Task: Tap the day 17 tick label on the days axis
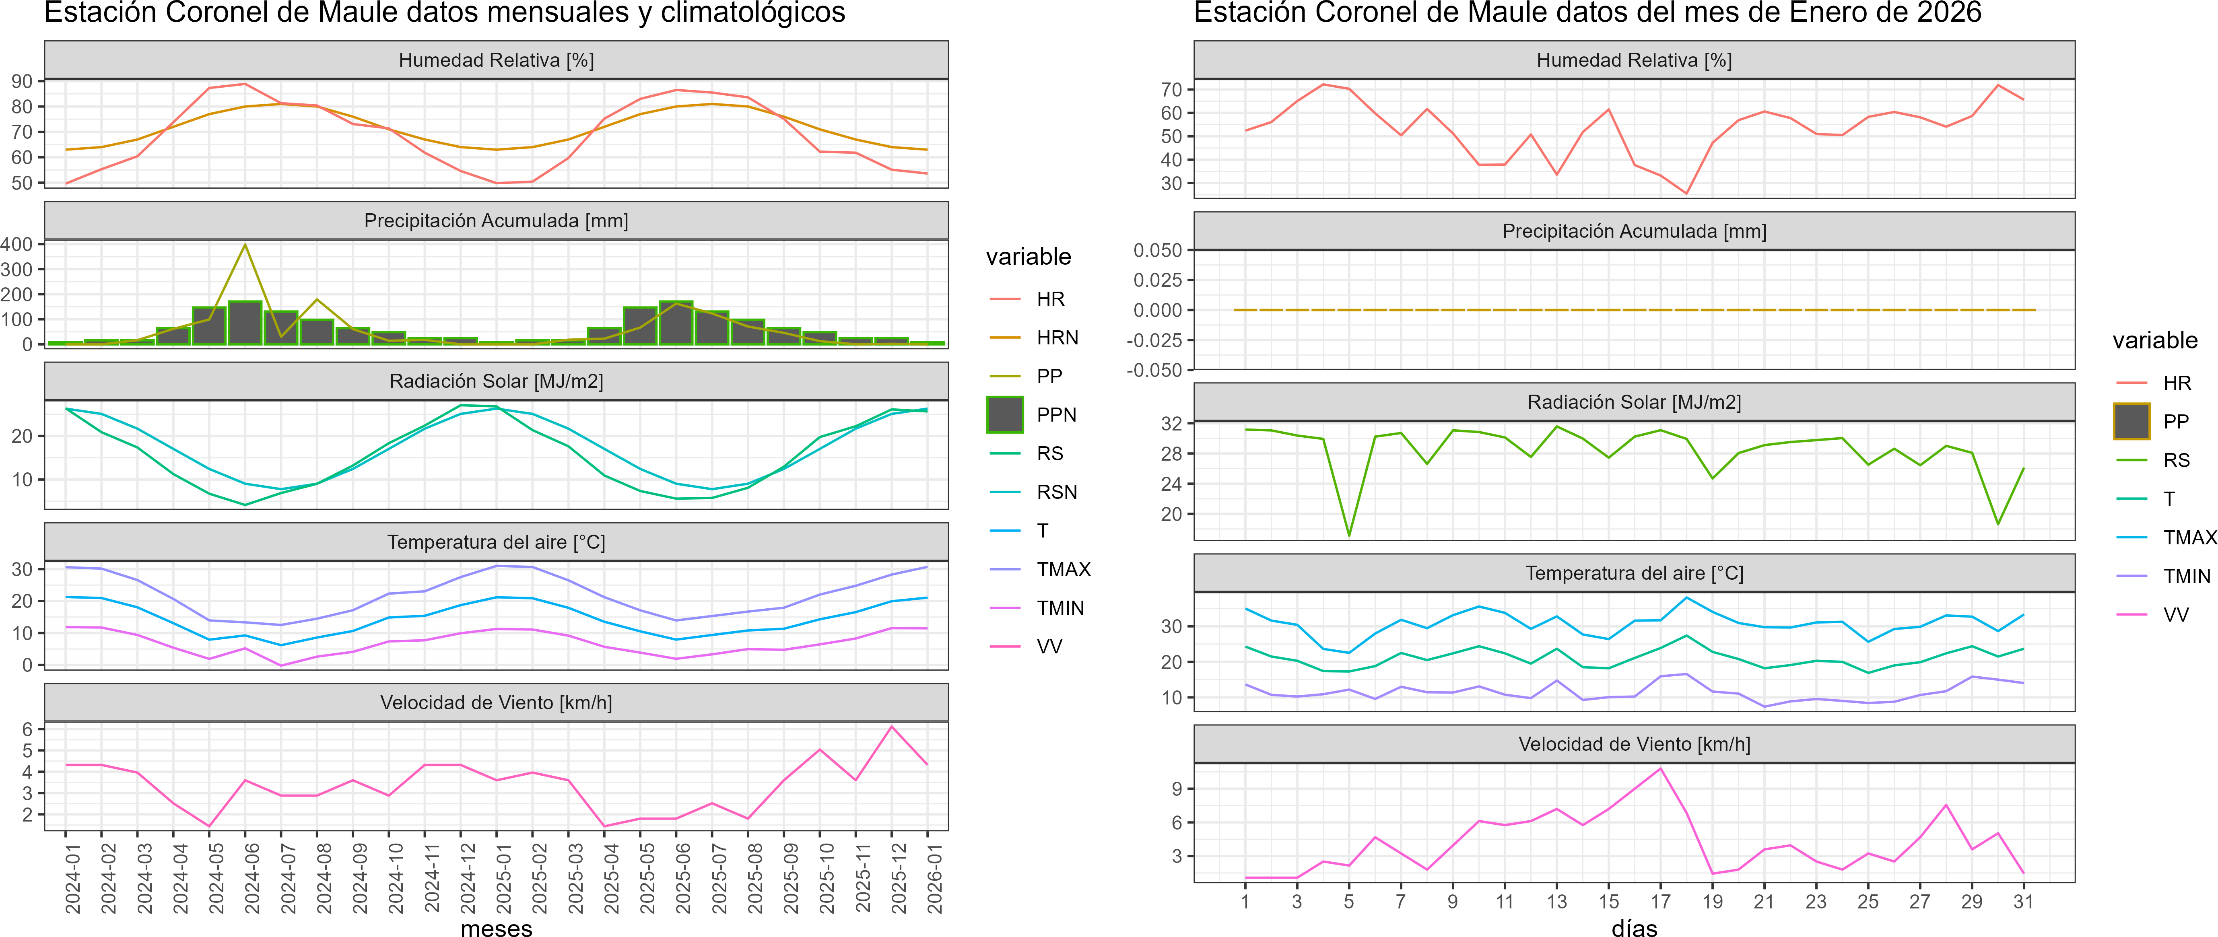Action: pyautogui.click(x=1660, y=902)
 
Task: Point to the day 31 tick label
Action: pyautogui.click(x=2023, y=902)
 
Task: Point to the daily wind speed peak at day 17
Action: pyautogui.click(x=1660, y=768)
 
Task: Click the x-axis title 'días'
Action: pyautogui.click(x=1634, y=927)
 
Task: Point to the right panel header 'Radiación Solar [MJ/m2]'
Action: pyautogui.click(x=1634, y=402)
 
